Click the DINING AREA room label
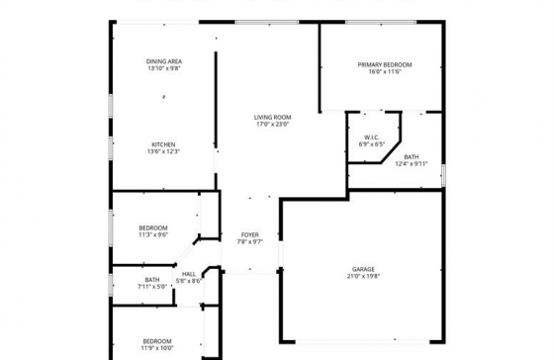click(164, 61)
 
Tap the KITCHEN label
click(164, 143)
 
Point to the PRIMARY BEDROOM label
click(385, 64)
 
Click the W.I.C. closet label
click(372, 137)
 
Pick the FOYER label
click(249, 234)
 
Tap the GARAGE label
click(364, 269)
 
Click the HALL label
click(189, 274)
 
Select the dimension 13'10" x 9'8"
click(164, 69)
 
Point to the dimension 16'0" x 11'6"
click(385, 72)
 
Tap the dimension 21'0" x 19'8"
click(364, 277)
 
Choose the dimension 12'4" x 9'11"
click(412, 164)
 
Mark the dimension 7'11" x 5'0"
click(152, 287)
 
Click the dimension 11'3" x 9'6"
click(153, 235)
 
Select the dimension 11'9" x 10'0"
click(157, 348)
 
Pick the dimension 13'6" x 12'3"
click(164, 151)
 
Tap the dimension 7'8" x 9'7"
click(249, 242)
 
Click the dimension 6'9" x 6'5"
click(372, 145)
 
